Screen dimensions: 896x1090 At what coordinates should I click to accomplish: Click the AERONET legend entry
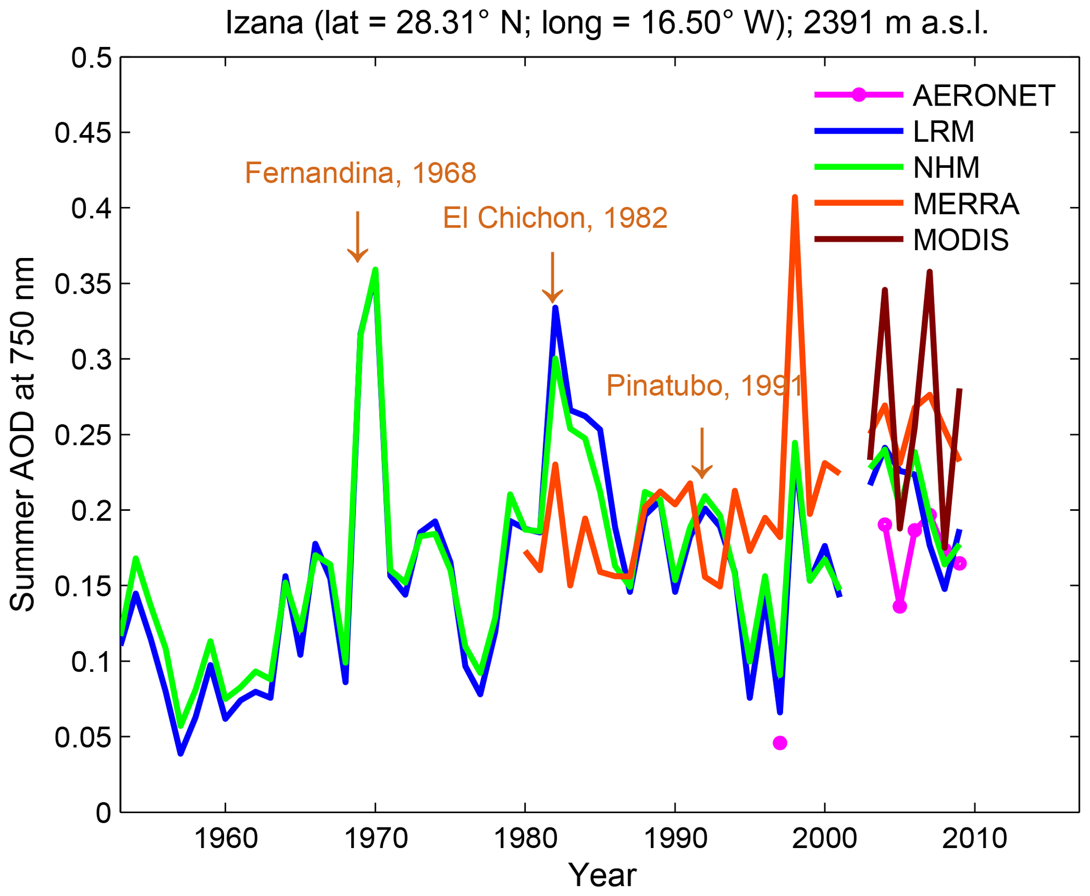[x=983, y=96]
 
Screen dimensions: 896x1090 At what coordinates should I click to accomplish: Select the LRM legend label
[x=943, y=131]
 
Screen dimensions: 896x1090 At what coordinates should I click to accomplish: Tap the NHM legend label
[x=946, y=168]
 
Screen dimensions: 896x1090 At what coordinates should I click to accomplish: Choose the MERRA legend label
[x=966, y=204]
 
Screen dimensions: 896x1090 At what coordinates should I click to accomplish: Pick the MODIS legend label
[x=960, y=240]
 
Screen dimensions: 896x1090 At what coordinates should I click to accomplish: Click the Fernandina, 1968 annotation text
[x=360, y=173]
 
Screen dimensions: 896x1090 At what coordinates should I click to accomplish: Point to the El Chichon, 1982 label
[x=555, y=218]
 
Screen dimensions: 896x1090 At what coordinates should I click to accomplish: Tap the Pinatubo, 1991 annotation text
[x=704, y=386]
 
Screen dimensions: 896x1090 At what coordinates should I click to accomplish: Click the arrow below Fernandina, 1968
[x=358, y=237]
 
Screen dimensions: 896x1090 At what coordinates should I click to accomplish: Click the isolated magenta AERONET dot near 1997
[x=779, y=743]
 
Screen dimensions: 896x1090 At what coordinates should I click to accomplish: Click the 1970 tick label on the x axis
[x=375, y=838]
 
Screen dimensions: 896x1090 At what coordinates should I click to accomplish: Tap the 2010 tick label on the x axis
[x=975, y=838]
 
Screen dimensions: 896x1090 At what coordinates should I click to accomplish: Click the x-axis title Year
[x=602, y=875]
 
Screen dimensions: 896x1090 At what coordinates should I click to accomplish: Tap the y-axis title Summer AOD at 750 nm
[x=23, y=434]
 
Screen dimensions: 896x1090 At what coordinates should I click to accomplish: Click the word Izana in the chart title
[x=264, y=23]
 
